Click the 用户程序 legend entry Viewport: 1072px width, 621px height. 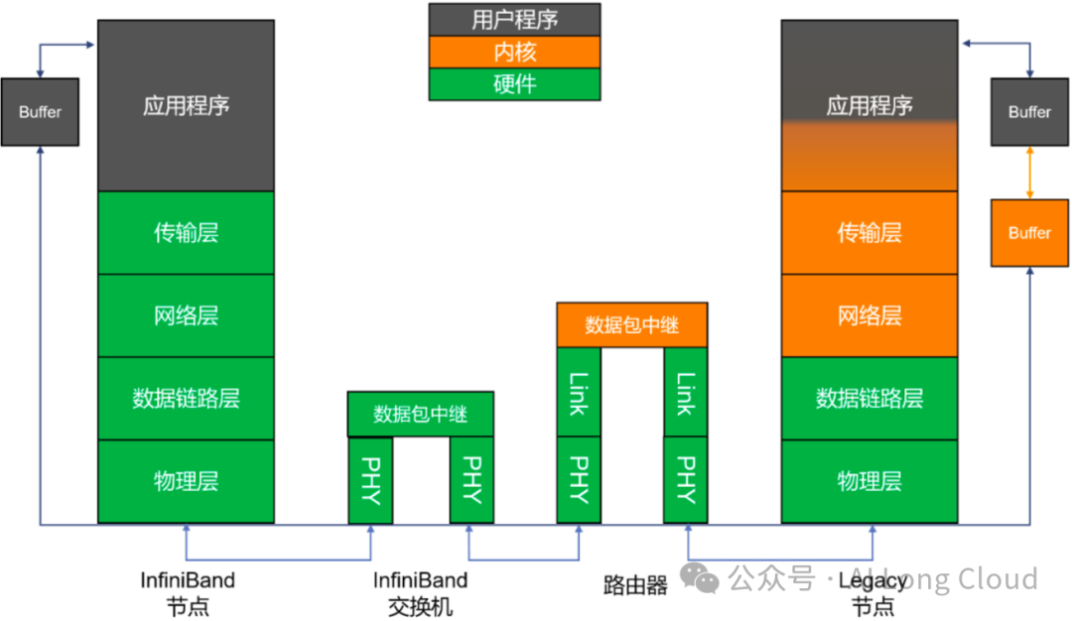tap(514, 19)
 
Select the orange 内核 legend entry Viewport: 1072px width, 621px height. tap(514, 52)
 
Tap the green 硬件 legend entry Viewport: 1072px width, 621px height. tap(514, 84)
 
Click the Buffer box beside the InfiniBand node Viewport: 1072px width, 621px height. tap(40, 112)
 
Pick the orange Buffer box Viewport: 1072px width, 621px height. tap(1029, 233)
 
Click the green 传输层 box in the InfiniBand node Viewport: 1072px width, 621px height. tap(186, 233)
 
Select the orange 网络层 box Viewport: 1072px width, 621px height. tap(869, 315)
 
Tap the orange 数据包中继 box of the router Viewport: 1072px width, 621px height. tap(632, 325)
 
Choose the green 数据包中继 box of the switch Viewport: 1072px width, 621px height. tap(420, 415)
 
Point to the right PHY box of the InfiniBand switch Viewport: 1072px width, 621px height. tap(471, 480)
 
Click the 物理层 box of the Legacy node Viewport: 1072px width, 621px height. tap(869, 481)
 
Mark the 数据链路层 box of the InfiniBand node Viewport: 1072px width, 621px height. tap(186, 399)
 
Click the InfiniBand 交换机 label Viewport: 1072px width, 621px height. tap(420, 592)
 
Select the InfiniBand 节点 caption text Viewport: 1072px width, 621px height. tap(187, 592)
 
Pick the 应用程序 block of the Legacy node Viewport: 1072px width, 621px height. tap(869, 105)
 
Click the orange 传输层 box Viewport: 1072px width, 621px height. tap(869, 233)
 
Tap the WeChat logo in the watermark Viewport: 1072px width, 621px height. tap(706, 579)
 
